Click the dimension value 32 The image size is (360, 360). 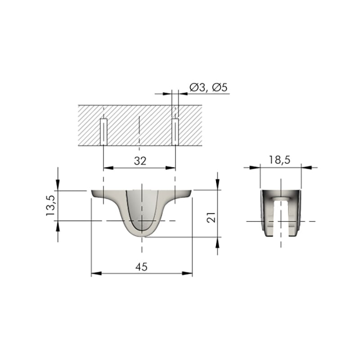(x=140, y=161)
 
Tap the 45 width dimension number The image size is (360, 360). (x=141, y=267)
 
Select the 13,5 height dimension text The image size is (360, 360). (x=50, y=206)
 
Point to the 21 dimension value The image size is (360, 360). (x=211, y=217)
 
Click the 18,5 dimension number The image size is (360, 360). (x=279, y=160)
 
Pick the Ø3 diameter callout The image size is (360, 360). (x=197, y=87)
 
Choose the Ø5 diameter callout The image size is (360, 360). (x=220, y=87)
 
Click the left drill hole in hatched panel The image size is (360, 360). (x=104, y=132)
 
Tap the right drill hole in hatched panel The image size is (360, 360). (x=175, y=132)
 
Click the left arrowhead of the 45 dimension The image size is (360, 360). (x=96, y=274)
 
